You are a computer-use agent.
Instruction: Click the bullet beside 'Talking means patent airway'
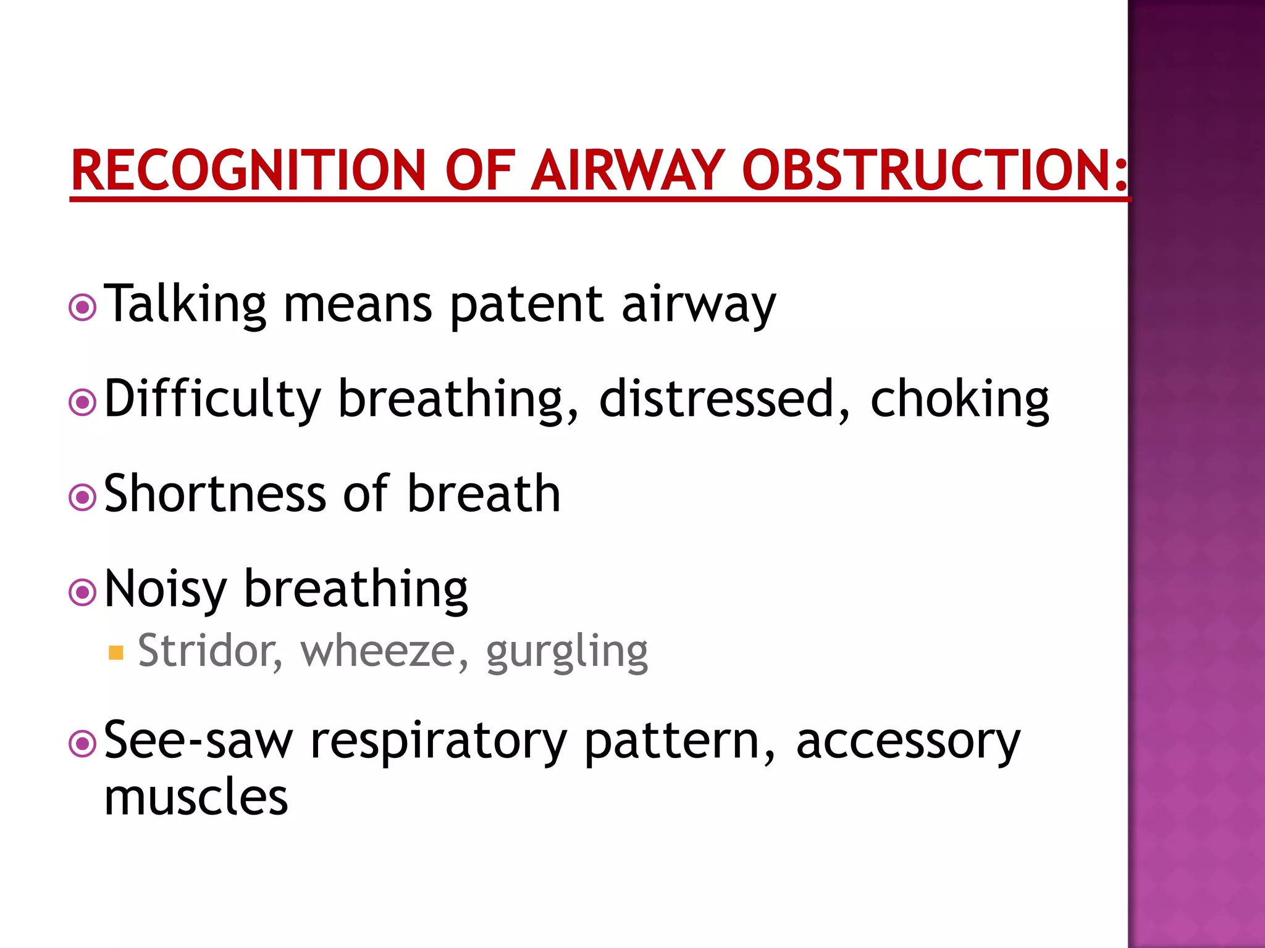pos(83,307)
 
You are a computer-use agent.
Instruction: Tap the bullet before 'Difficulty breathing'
pos(83,403)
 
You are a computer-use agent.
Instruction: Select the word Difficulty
pos(212,400)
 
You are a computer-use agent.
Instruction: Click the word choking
pos(959,400)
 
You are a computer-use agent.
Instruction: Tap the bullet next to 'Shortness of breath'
pos(83,497)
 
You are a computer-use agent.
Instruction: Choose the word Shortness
pos(215,494)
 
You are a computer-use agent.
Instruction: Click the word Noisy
pos(166,590)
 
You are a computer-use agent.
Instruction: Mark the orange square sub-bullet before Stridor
pos(116,653)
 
